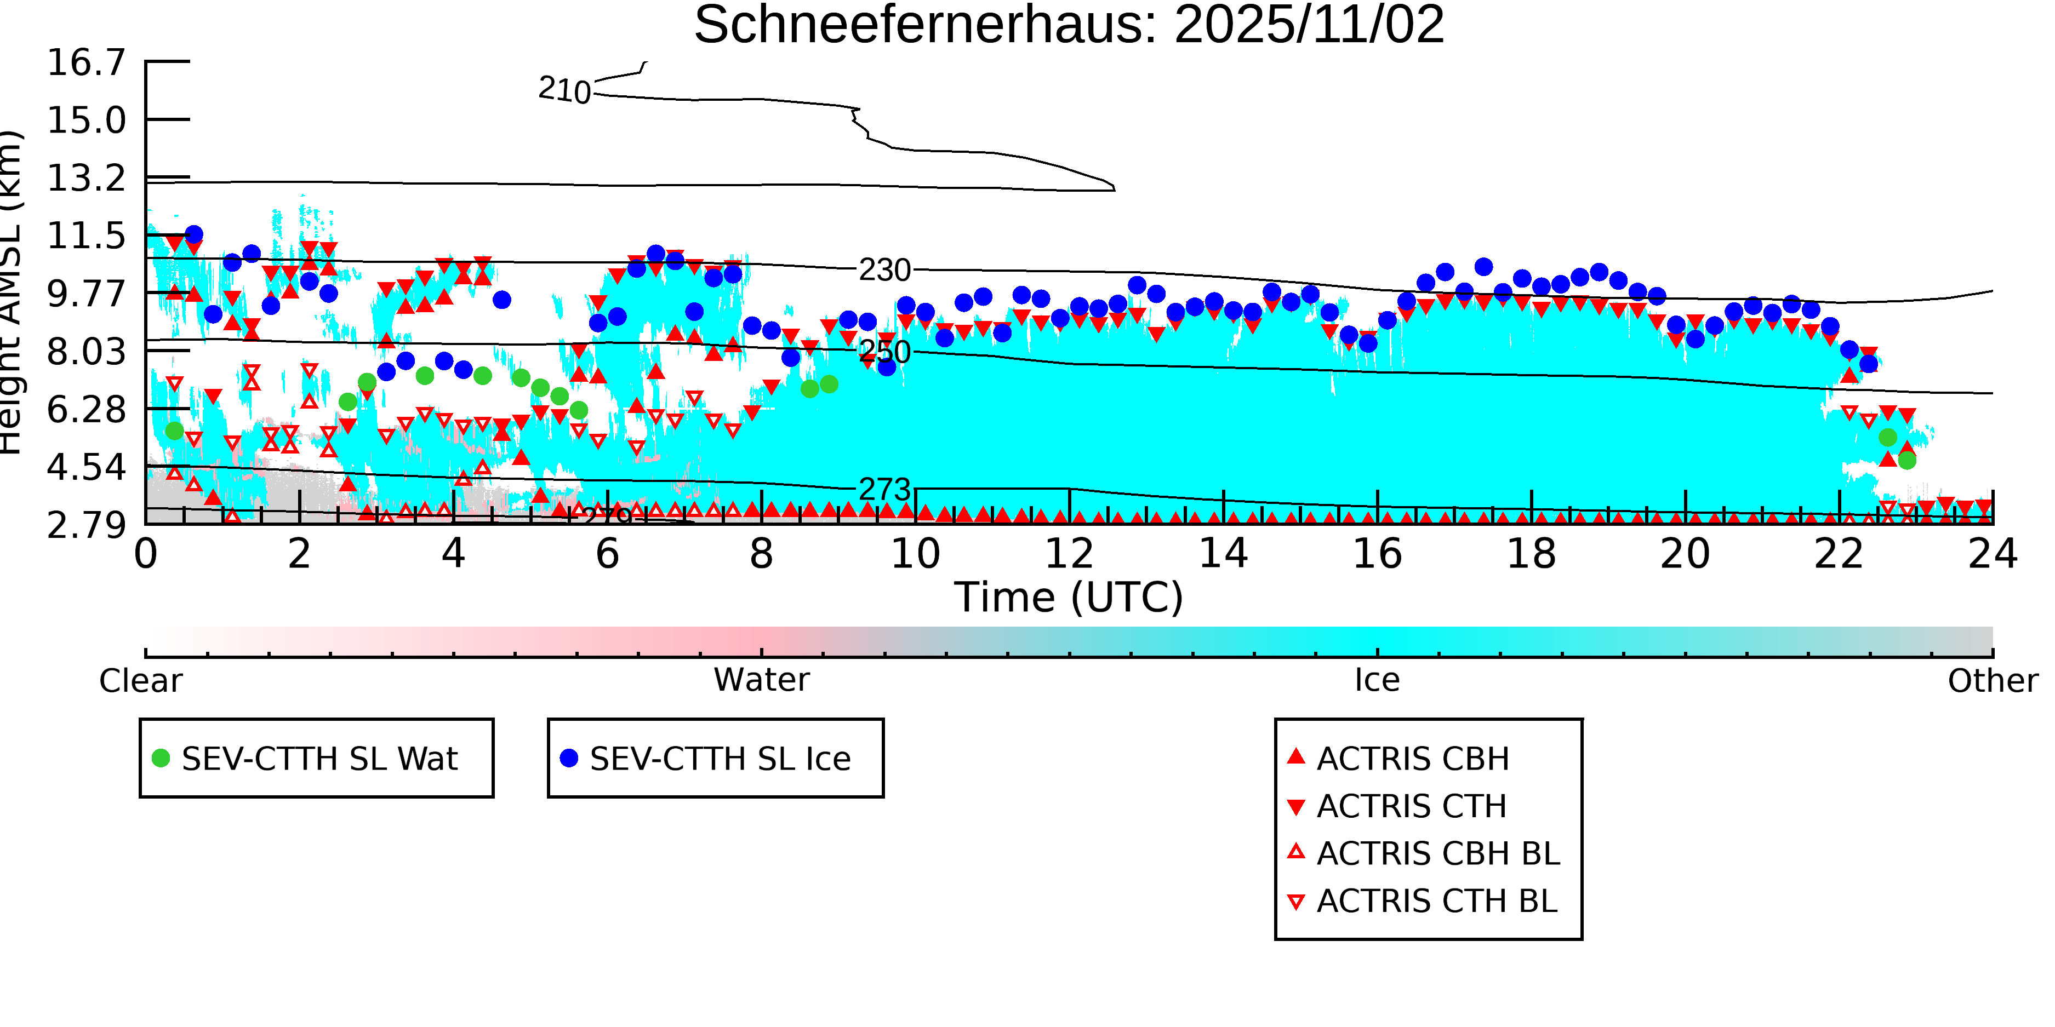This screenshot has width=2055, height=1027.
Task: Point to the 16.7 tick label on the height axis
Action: (86, 62)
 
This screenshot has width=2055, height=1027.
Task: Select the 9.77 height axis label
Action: (86, 294)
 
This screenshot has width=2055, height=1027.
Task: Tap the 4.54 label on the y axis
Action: (86, 467)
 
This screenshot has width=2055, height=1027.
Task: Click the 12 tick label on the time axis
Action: (1069, 553)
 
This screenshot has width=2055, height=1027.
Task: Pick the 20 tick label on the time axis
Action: (1685, 553)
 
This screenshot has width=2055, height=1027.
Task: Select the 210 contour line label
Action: (564, 89)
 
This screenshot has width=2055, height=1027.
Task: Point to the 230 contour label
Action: (884, 270)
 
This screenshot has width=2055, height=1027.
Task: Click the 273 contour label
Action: (884, 489)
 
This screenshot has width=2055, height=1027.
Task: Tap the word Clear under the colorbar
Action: (140, 681)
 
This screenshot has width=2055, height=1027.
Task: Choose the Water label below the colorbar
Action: (761, 680)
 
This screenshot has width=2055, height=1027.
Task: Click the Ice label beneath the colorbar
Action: (1377, 680)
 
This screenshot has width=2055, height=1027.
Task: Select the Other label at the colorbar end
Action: (1992, 681)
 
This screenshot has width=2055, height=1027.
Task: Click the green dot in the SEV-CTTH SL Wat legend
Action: (161, 758)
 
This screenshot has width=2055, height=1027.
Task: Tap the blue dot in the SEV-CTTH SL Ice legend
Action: (569, 758)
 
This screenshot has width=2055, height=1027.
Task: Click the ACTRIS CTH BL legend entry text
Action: (1437, 901)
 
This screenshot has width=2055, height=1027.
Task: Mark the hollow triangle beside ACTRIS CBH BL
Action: (1297, 852)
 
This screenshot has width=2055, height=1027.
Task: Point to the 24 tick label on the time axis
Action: (1993, 553)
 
